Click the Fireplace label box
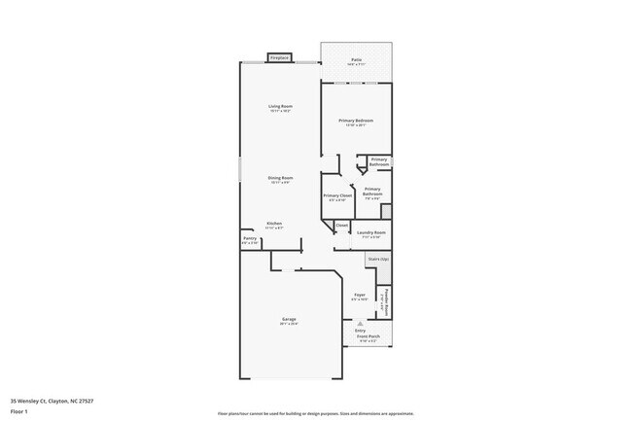point(280,58)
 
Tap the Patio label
point(357,61)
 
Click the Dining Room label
point(281,178)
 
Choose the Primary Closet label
point(337,195)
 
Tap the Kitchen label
point(275,224)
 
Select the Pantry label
point(250,238)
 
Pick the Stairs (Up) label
point(378,259)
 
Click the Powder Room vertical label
point(386,301)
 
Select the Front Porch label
point(368,336)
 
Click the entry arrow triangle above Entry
point(360,323)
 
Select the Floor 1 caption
point(18,410)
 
